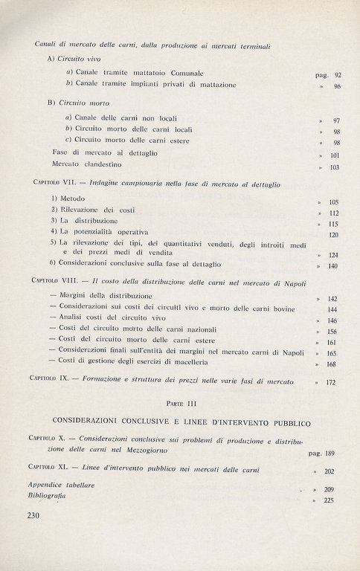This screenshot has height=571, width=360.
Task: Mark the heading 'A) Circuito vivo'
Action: coord(73,58)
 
